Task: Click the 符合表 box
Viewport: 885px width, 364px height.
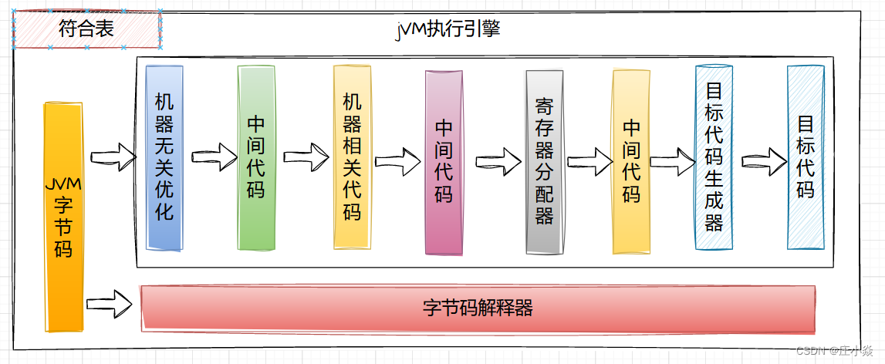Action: (86, 30)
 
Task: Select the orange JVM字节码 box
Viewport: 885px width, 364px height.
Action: (63, 216)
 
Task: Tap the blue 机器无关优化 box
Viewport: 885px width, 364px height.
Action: (164, 157)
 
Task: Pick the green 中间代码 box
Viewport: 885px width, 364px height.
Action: (256, 157)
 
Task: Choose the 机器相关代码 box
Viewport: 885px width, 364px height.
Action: (352, 157)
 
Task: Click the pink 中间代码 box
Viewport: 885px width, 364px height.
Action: (444, 162)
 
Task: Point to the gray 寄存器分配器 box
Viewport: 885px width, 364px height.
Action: (544, 162)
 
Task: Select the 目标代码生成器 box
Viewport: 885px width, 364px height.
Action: (714, 157)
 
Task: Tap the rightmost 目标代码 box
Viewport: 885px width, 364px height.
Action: (806, 157)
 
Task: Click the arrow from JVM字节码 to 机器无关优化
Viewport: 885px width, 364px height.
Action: (113, 157)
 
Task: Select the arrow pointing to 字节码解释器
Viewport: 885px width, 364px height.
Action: (109, 302)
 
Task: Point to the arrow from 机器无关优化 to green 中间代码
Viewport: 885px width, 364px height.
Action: (211, 157)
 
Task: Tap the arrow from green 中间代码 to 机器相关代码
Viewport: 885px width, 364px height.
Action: (304, 156)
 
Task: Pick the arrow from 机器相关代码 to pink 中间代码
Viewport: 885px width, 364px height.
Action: (397, 162)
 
